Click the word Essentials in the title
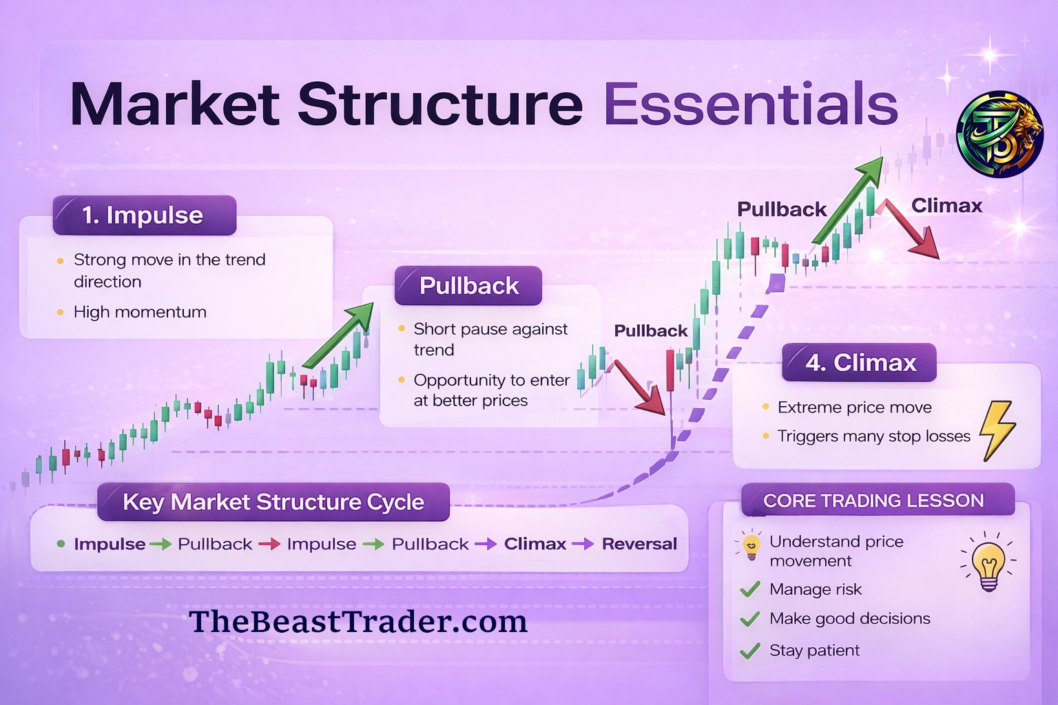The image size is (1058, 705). click(751, 104)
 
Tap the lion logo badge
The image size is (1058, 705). click(999, 134)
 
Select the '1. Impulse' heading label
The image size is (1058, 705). click(144, 215)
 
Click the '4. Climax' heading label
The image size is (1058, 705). click(859, 363)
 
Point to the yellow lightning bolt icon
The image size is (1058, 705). click(997, 430)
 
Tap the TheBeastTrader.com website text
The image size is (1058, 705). click(358, 622)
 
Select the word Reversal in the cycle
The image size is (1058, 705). click(639, 544)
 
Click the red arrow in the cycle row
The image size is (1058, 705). click(270, 545)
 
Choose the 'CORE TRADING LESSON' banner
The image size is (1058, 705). click(878, 500)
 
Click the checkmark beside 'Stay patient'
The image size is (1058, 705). click(750, 651)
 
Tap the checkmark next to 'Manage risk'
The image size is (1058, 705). click(750, 589)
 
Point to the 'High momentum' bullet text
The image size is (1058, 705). click(140, 312)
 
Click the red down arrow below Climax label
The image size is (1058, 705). click(911, 229)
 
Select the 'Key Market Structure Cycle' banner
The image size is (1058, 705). click(273, 502)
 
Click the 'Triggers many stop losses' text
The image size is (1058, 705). click(874, 436)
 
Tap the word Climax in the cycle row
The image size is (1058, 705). click(535, 544)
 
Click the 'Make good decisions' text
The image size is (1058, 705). click(850, 618)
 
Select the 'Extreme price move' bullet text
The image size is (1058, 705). click(855, 408)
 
